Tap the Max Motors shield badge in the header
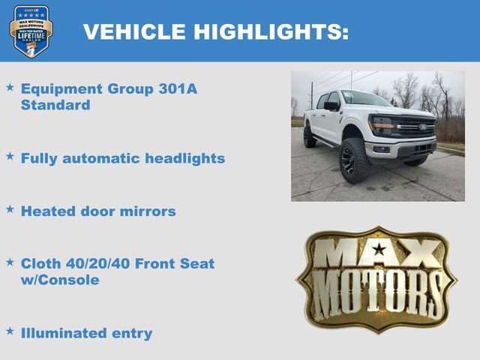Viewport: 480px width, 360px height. click(x=31, y=31)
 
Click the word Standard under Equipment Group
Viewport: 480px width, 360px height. click(x=55, y=105)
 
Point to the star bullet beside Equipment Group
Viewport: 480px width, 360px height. click(x=10, y=88)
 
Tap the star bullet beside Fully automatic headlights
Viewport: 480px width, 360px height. click(x=10, y=157)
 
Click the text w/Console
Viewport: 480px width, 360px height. click(x=60, y=280)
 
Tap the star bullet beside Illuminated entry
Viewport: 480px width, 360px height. click(x=10, y=331)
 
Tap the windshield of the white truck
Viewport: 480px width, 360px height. click(x=365, y=99)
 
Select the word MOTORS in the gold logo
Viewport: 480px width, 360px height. click(x=377, y=292)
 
